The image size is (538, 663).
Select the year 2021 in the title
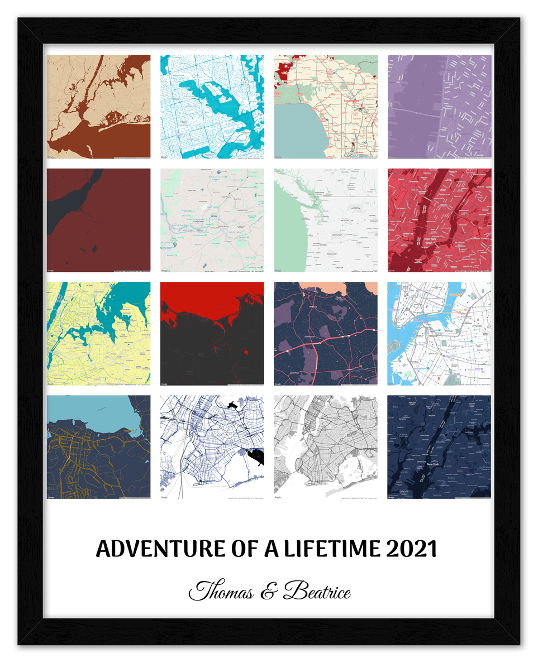412,549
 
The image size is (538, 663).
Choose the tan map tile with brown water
99,107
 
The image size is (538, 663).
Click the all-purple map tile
439,107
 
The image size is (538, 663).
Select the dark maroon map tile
99,220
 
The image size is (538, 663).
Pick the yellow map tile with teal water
99,334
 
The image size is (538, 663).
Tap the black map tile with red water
212,334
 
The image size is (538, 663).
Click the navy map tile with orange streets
99,447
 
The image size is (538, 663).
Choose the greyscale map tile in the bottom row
326,447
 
